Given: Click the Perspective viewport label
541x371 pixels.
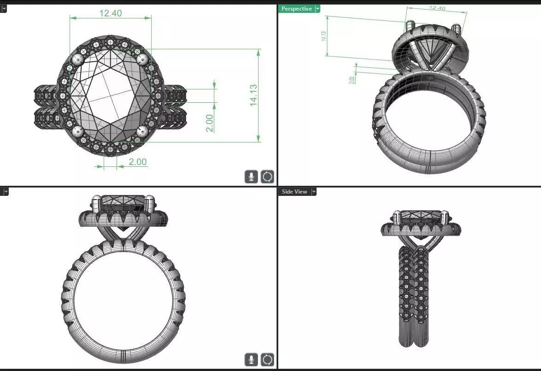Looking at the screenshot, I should [296, 9].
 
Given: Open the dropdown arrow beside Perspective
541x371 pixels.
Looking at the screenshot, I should [318, 9].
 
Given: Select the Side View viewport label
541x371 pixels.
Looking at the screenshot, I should [294, 192].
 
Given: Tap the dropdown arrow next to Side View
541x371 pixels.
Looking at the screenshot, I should [313, 192].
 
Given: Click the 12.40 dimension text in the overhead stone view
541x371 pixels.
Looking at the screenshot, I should [111, 13].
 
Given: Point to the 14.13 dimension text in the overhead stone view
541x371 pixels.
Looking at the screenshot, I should [253, 95].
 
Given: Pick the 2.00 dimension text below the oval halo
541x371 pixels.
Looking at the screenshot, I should [137, 162].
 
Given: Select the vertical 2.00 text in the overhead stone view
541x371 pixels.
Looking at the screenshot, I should [210, 123].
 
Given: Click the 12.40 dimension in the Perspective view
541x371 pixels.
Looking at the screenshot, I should [437, 8].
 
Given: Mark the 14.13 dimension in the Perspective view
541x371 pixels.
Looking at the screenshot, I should [323, 36].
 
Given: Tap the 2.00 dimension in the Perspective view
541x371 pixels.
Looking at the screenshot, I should [352, 79].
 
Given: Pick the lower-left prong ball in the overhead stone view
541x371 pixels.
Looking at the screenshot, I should [78, 132].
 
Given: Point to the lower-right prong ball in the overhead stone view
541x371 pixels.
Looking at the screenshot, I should [142, 132].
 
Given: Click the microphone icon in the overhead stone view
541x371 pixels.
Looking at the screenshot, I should [251, 177].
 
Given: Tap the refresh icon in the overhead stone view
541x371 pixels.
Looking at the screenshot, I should [267, 177].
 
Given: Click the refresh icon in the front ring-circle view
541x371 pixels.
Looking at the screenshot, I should [267, 359].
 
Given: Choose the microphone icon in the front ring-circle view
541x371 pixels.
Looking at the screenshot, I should [251, 359].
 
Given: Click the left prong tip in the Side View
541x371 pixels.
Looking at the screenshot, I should [396, 215].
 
